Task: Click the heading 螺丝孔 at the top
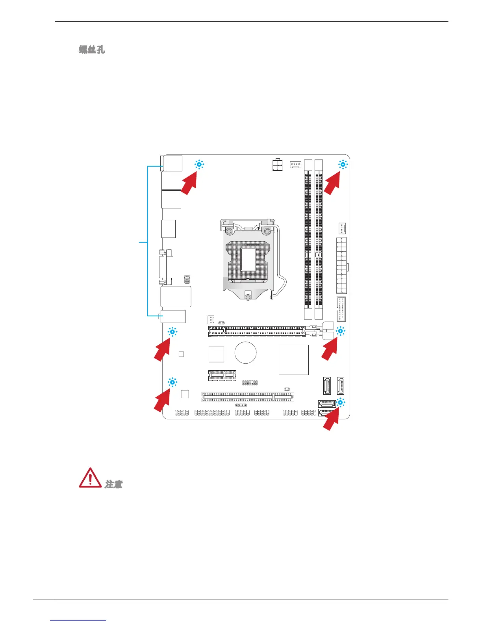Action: click(x=92, y=50)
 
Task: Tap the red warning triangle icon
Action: click(x=90, y=478)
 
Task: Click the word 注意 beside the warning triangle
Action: click(x=113, y=484)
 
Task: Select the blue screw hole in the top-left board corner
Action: click(x=199, y=165)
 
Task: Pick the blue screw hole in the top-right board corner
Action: click(x=343, y=165)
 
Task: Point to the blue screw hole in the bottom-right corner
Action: click(x=340, y=403)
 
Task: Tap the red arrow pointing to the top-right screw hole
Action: click(x=333, y=184)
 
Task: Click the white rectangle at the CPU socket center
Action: click(x=248, y=259)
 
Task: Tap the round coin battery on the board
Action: click(x=245, y=353)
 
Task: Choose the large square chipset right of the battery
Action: click(x=293, y=360)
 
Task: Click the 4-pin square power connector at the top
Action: click(x=278, y=165)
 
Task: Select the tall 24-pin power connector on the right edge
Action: click(x=341, y=265)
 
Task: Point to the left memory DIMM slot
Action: click(x=308, y=240)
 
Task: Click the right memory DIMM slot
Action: click(x=319, y=240)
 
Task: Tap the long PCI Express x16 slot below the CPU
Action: click(x=256, y=331)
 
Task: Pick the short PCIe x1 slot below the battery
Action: click(x=222, y=375)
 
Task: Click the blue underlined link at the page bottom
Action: click(x=78, y=621)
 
